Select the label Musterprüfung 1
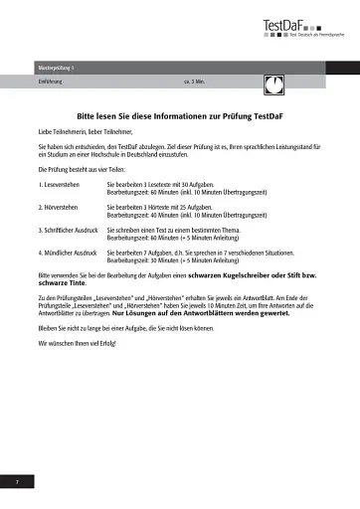[56, 67]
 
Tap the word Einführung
[50, 81]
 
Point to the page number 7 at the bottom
[17, 481]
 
